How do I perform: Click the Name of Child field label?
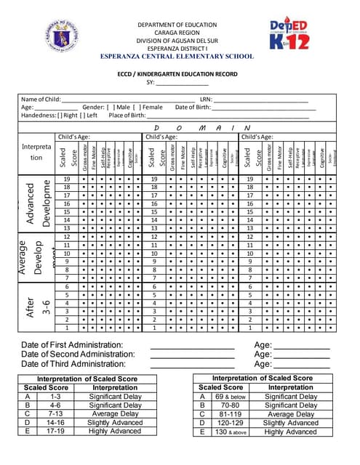point(41,99)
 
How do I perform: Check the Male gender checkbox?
point(109,107)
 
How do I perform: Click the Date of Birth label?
point(193,107)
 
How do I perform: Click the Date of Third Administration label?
point(73,364)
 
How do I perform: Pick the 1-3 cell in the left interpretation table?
point(55,397)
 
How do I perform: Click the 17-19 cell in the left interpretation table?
point(55,431)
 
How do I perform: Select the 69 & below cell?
point(231,397)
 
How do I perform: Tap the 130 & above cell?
point(231,432)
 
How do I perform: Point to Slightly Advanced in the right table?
point(290,423)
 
